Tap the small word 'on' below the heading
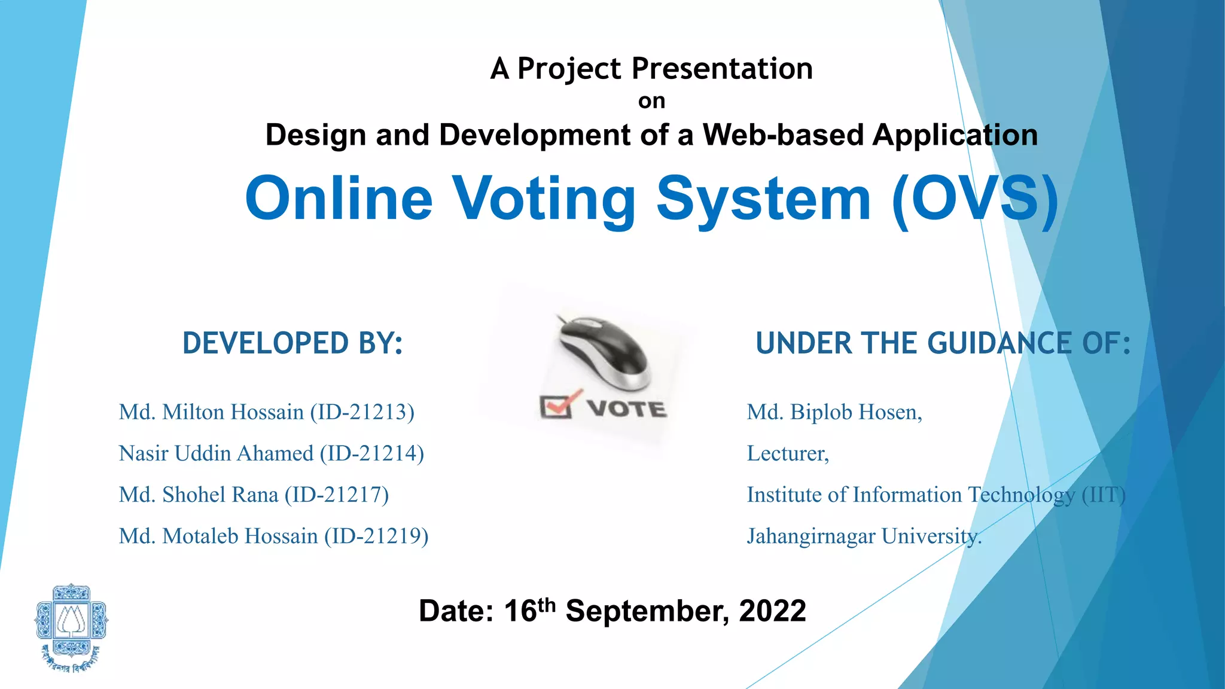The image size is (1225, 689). point(651,101)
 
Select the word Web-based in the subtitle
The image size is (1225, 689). point(783,135)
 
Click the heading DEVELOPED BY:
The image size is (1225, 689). point(292,343)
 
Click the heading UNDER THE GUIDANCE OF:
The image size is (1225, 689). point(943,343)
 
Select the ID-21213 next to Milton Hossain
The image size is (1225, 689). point(362,412)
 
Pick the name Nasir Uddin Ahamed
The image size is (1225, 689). point(216,453)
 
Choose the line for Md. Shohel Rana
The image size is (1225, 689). point(254,495)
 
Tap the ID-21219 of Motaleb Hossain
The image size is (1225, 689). point(376,536)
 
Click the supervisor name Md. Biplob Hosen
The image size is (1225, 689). point(834,412)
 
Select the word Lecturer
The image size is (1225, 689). point(787,453)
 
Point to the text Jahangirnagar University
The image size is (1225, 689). point(864,536)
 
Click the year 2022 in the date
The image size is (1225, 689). point(772,611)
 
